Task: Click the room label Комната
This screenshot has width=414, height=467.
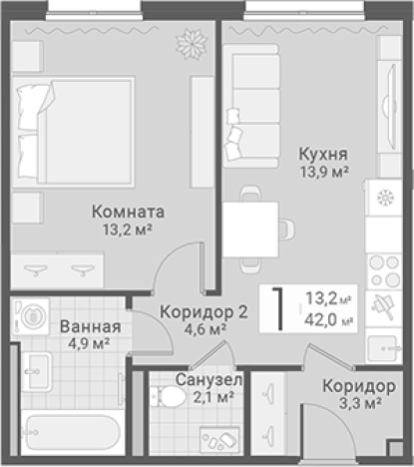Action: click(128, 212)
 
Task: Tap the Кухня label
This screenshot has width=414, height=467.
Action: click(323, 154)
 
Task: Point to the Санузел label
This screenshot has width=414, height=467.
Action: click(208, 380)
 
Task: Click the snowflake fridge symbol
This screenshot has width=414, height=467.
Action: click(383, 198)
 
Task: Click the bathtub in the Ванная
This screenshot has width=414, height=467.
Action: click(70, 435)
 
